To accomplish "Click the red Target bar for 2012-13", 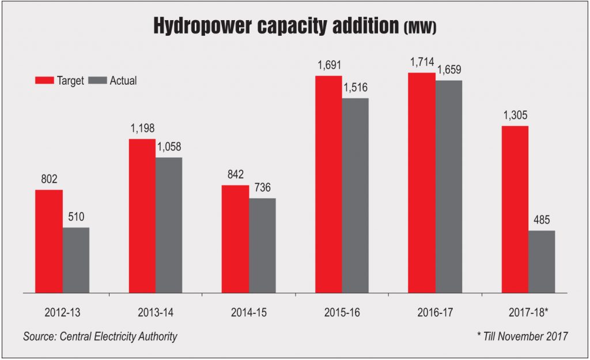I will point(49,241).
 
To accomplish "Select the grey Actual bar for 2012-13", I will point(76,260).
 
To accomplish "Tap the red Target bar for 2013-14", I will point(142,215).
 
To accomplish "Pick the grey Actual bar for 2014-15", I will point(262,245).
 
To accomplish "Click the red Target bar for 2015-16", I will point(328,184).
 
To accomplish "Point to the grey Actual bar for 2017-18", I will point(542,262).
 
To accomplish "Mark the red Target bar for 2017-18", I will point(515,209).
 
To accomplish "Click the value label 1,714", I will point(421,62).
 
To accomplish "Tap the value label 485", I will point(542,219).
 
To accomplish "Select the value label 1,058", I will point(169,146).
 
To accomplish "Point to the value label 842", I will point(235,174).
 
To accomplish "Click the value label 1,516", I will point(355,88).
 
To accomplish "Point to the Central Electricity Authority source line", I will point(100,336).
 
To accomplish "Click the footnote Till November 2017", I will point(520,336).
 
